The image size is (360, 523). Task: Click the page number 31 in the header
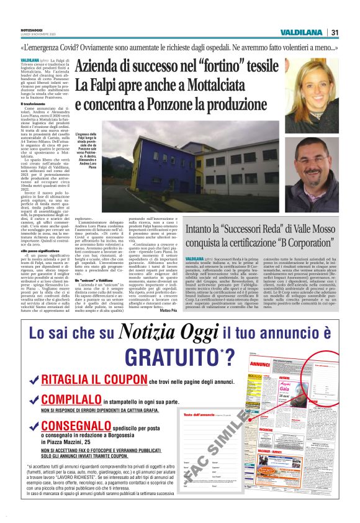[x=335, y=33]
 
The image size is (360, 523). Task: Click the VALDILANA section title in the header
[x=301, y=33]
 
